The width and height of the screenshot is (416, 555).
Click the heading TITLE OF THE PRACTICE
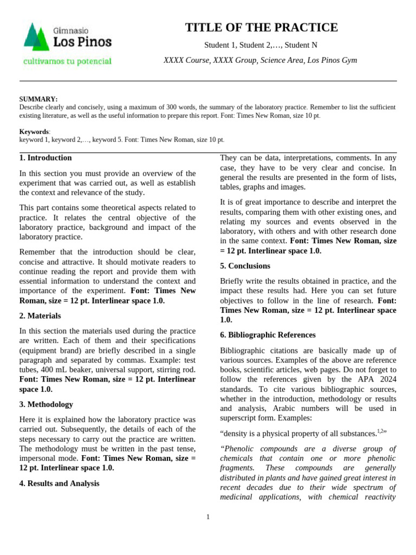tap(261, 28)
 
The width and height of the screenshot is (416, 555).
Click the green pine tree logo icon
tap(36, 37)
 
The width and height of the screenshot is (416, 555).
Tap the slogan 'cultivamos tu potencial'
tap(67, 61)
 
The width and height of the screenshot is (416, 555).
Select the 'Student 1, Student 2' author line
tap(261, 45)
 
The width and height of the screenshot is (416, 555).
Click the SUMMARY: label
tap(38, 99)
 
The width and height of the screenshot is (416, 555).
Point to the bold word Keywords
tap(34, 132)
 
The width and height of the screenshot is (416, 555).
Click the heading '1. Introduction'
tap(45, 158)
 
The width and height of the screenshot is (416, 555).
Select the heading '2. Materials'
tap(40, 315)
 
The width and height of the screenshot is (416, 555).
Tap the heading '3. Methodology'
tap(46, 404)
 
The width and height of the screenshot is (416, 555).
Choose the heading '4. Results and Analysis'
tap(60, 483)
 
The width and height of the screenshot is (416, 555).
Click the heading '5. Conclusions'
tap(245, 266)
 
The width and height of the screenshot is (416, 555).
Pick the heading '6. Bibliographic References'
tap(268, 335)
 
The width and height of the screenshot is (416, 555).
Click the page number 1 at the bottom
tap(208, 517)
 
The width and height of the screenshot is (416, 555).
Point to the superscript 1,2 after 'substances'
tap(380, 431)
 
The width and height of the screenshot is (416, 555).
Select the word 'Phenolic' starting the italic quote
tap(239, 449)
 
